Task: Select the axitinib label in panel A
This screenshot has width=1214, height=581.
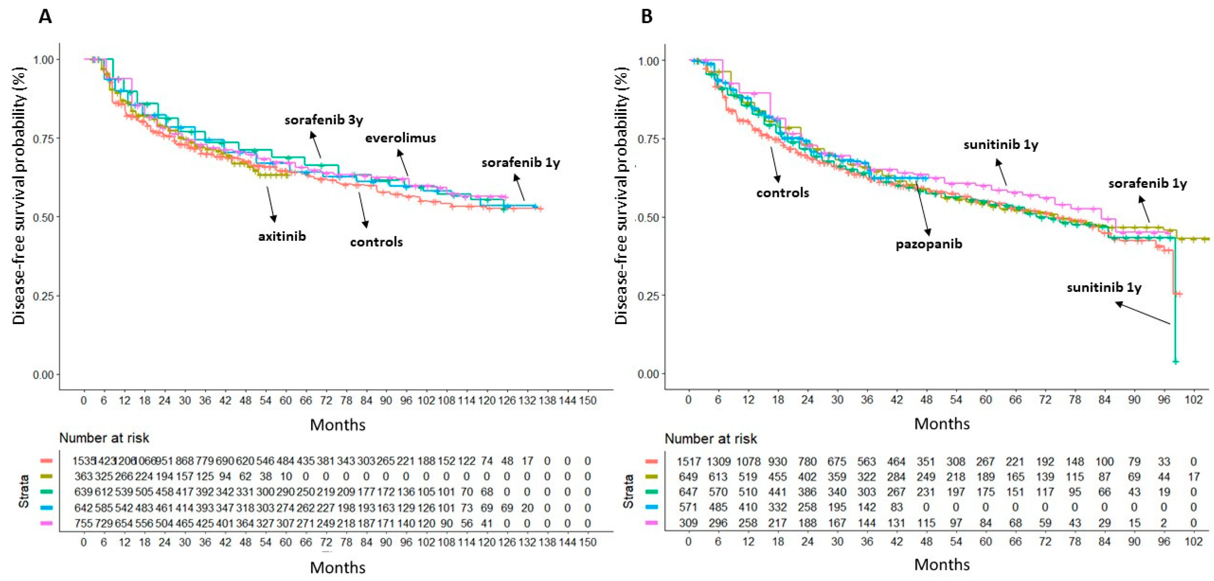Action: (x=282, y=236)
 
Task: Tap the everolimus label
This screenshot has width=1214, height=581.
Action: (x=401, y=138)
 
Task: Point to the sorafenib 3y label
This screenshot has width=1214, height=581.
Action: (x=324, y=120)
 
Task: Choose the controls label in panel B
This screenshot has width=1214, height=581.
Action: (x=782, y=193)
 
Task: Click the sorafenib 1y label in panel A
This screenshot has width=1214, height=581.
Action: (x=521, y=163)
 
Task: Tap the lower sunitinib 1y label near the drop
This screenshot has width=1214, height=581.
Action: (x=1104, y=287)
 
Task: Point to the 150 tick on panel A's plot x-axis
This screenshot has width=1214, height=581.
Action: (x=588, y=401)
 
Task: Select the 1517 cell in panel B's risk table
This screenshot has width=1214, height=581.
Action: (x=689, y=461)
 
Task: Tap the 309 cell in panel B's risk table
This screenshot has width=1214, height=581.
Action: (x=689, y=523)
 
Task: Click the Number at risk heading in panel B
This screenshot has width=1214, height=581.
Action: (x=711, y=439)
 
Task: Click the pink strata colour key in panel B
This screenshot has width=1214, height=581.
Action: (x=651, y=523)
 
